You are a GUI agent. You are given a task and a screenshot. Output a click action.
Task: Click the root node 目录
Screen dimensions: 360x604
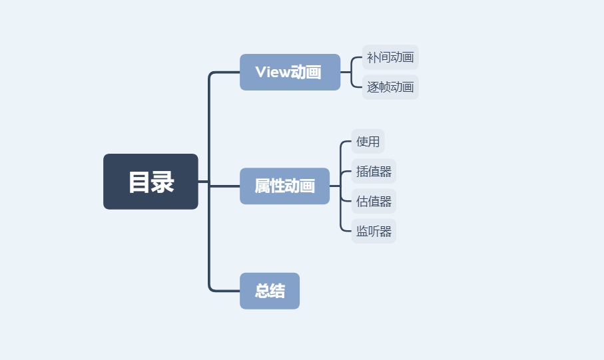tap(151, 182)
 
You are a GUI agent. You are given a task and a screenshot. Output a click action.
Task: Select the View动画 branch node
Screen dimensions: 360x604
tap(290, 72)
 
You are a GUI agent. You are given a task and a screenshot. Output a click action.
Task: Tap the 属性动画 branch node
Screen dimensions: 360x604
tap(284, 186)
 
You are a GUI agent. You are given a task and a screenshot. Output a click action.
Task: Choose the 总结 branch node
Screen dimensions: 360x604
tap(270, 291)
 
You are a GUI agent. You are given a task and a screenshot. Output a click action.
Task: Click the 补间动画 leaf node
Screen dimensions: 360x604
tap(390, 57)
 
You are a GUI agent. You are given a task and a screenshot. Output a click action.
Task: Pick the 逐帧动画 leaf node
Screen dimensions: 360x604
tap(390, 87)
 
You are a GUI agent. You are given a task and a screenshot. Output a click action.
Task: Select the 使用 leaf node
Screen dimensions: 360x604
tap(368, 141)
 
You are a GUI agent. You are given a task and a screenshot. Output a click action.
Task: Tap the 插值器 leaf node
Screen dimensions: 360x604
tap(374, 171)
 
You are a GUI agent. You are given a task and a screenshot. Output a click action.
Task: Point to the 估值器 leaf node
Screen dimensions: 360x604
tap(374, 201)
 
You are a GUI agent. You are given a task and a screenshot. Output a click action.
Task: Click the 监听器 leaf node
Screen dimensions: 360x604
tap(374, 231)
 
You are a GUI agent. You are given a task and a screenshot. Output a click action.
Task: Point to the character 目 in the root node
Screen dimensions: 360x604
tap(139, 182)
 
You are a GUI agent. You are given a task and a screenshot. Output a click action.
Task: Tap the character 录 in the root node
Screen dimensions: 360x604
tap(162, 182)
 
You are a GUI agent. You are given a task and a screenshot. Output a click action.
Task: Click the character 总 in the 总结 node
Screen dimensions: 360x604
tap(262, 291)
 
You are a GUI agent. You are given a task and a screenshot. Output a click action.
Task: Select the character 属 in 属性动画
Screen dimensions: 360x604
tap(262, 186)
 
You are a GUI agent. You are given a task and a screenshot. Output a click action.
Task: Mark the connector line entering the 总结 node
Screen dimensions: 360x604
tap(225, 291)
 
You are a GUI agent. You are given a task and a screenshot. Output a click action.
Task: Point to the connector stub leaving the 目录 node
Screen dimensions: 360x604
tap(203, 182)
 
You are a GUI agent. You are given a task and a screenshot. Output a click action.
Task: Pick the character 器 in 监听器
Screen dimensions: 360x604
tap(386, 231)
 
